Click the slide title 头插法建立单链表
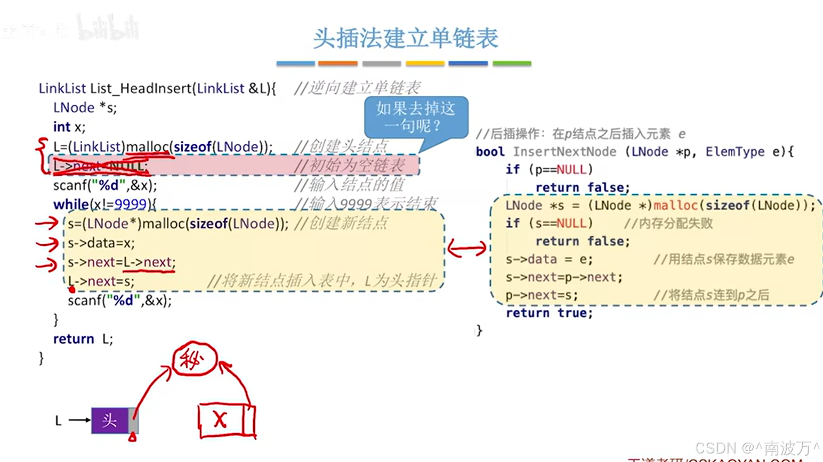406,38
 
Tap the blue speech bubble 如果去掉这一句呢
416,117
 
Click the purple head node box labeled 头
110,420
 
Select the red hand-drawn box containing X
226,420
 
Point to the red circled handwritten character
194,360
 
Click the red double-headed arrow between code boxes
467,248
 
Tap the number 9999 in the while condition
130,204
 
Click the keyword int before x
61,127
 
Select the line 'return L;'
83,339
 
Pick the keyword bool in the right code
490,152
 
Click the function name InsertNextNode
564,152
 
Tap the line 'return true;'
549,313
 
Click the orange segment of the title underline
337,63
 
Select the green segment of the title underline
512,63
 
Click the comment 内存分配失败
668,224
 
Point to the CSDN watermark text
757,448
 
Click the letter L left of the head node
58,421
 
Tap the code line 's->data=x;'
101,243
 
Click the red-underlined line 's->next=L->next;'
122,262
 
